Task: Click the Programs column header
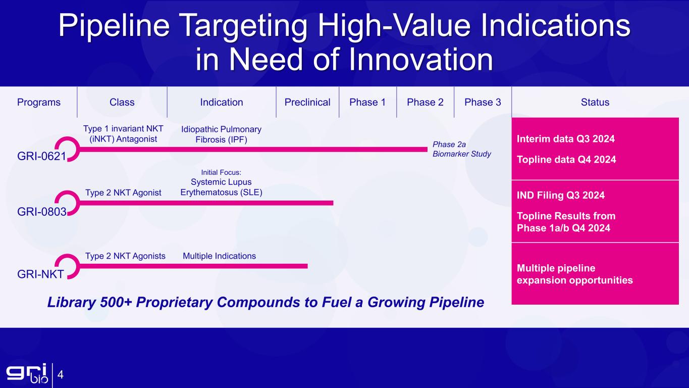[x=39, y=102]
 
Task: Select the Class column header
[x=122, y=102]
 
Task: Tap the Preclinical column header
[x=307, y=102]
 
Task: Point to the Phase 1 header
[x=367, y=102]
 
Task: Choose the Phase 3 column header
[x=483, y=102]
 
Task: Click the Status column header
[x=595, y=102]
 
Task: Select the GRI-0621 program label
[x=41, y=157]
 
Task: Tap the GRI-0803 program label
[x=41, y=212]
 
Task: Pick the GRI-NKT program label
[x=40, y=274]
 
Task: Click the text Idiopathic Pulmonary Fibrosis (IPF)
[x=221, y=134]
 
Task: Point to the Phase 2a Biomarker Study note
[x=462, y=149]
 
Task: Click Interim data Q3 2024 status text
[x=566, y=139]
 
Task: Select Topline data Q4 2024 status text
[x=566, y=160]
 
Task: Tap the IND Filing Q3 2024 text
[x=560, y=195]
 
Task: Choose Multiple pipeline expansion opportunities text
[x=574, y=274]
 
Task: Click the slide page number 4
[x=60, y=375]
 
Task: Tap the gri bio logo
[x=27, y=373]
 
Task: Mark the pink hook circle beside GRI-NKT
[x=68, y=267]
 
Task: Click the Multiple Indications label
[x=219, y=256]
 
